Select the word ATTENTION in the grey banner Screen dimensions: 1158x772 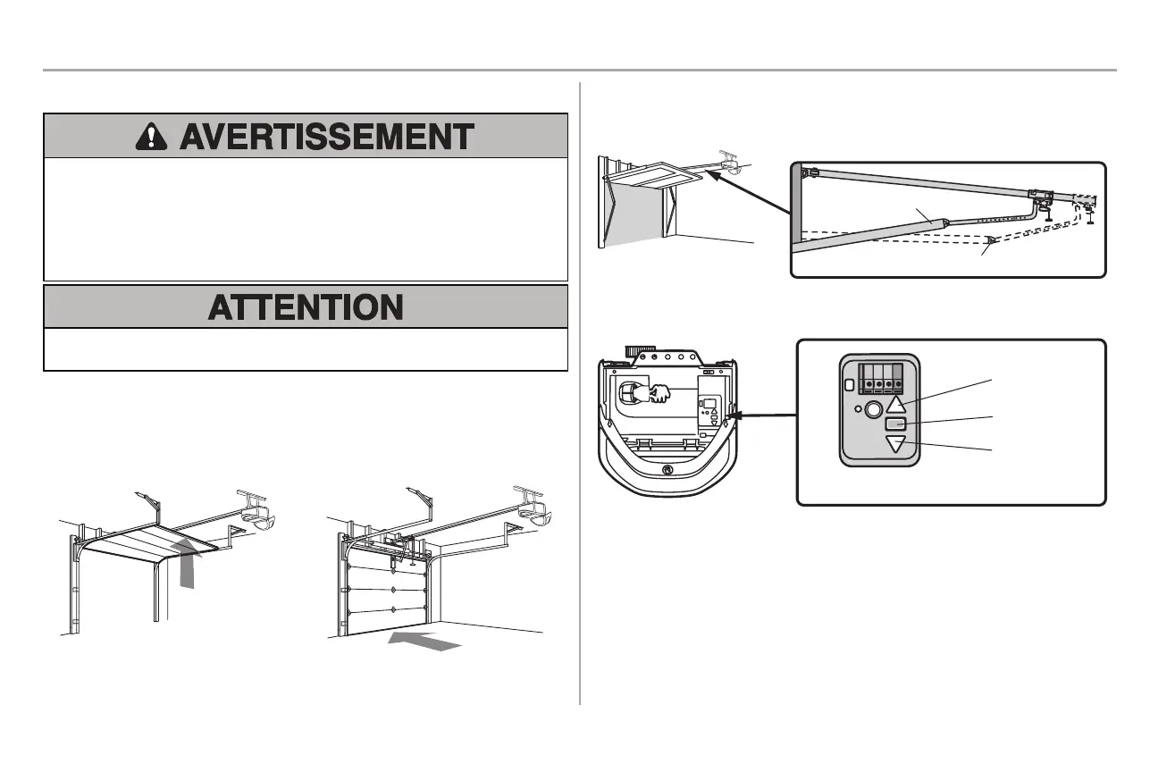[x=306, y=307]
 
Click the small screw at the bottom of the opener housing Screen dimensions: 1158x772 [x=666, y=470]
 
